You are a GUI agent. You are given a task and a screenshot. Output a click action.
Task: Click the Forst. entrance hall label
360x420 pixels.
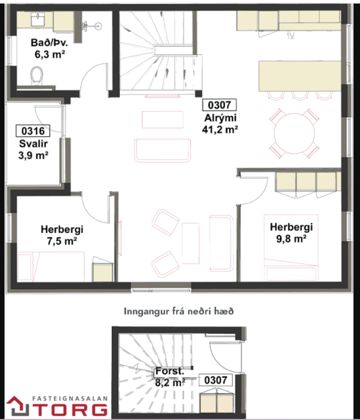point(169,372)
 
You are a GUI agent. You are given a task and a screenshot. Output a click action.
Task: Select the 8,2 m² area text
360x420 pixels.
point(169,383)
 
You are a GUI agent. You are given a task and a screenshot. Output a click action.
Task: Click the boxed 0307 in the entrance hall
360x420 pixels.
point(217,381)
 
